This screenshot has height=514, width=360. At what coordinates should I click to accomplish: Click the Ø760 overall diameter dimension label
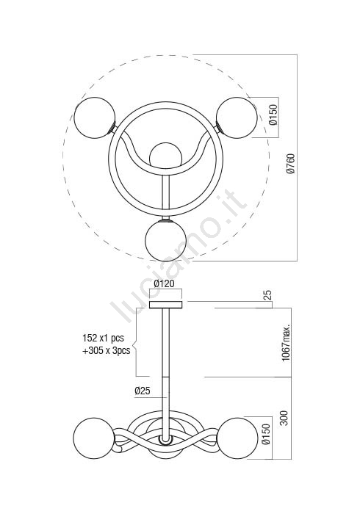(291, 163)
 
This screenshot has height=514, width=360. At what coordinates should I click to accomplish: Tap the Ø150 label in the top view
(273, 115)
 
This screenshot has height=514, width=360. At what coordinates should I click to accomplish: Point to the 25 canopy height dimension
(268, 295)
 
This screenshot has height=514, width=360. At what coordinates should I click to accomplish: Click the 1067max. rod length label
(287, 343)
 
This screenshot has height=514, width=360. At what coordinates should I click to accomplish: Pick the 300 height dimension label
(284, 419)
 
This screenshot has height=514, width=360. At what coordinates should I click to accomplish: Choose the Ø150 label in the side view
(266, 434)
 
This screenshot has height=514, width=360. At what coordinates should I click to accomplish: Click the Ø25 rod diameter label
(143, 391)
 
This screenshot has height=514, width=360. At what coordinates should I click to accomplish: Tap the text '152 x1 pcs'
(104, 338)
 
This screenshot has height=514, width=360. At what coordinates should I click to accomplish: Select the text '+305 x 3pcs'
(106, 350)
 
